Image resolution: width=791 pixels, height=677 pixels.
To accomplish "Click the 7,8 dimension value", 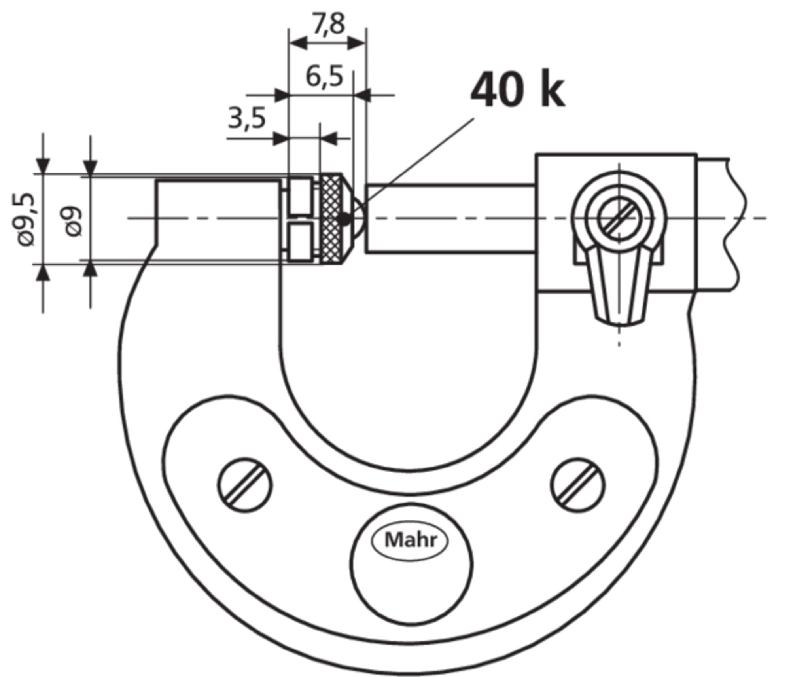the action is click(x=329, y=25).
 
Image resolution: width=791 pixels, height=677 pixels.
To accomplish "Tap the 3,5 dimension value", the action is click(x=246, y=118).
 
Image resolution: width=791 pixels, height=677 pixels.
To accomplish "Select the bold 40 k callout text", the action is click(x=517, y=91).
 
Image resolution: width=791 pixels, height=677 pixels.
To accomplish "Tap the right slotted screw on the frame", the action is click(x=578, y=485).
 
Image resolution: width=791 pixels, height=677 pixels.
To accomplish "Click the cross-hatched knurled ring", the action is click(x=331, y=219).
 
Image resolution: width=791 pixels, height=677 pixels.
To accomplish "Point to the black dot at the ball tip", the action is click(x=345, y=219).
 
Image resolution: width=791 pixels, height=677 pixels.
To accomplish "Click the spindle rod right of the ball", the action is click(x=450, y=218).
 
